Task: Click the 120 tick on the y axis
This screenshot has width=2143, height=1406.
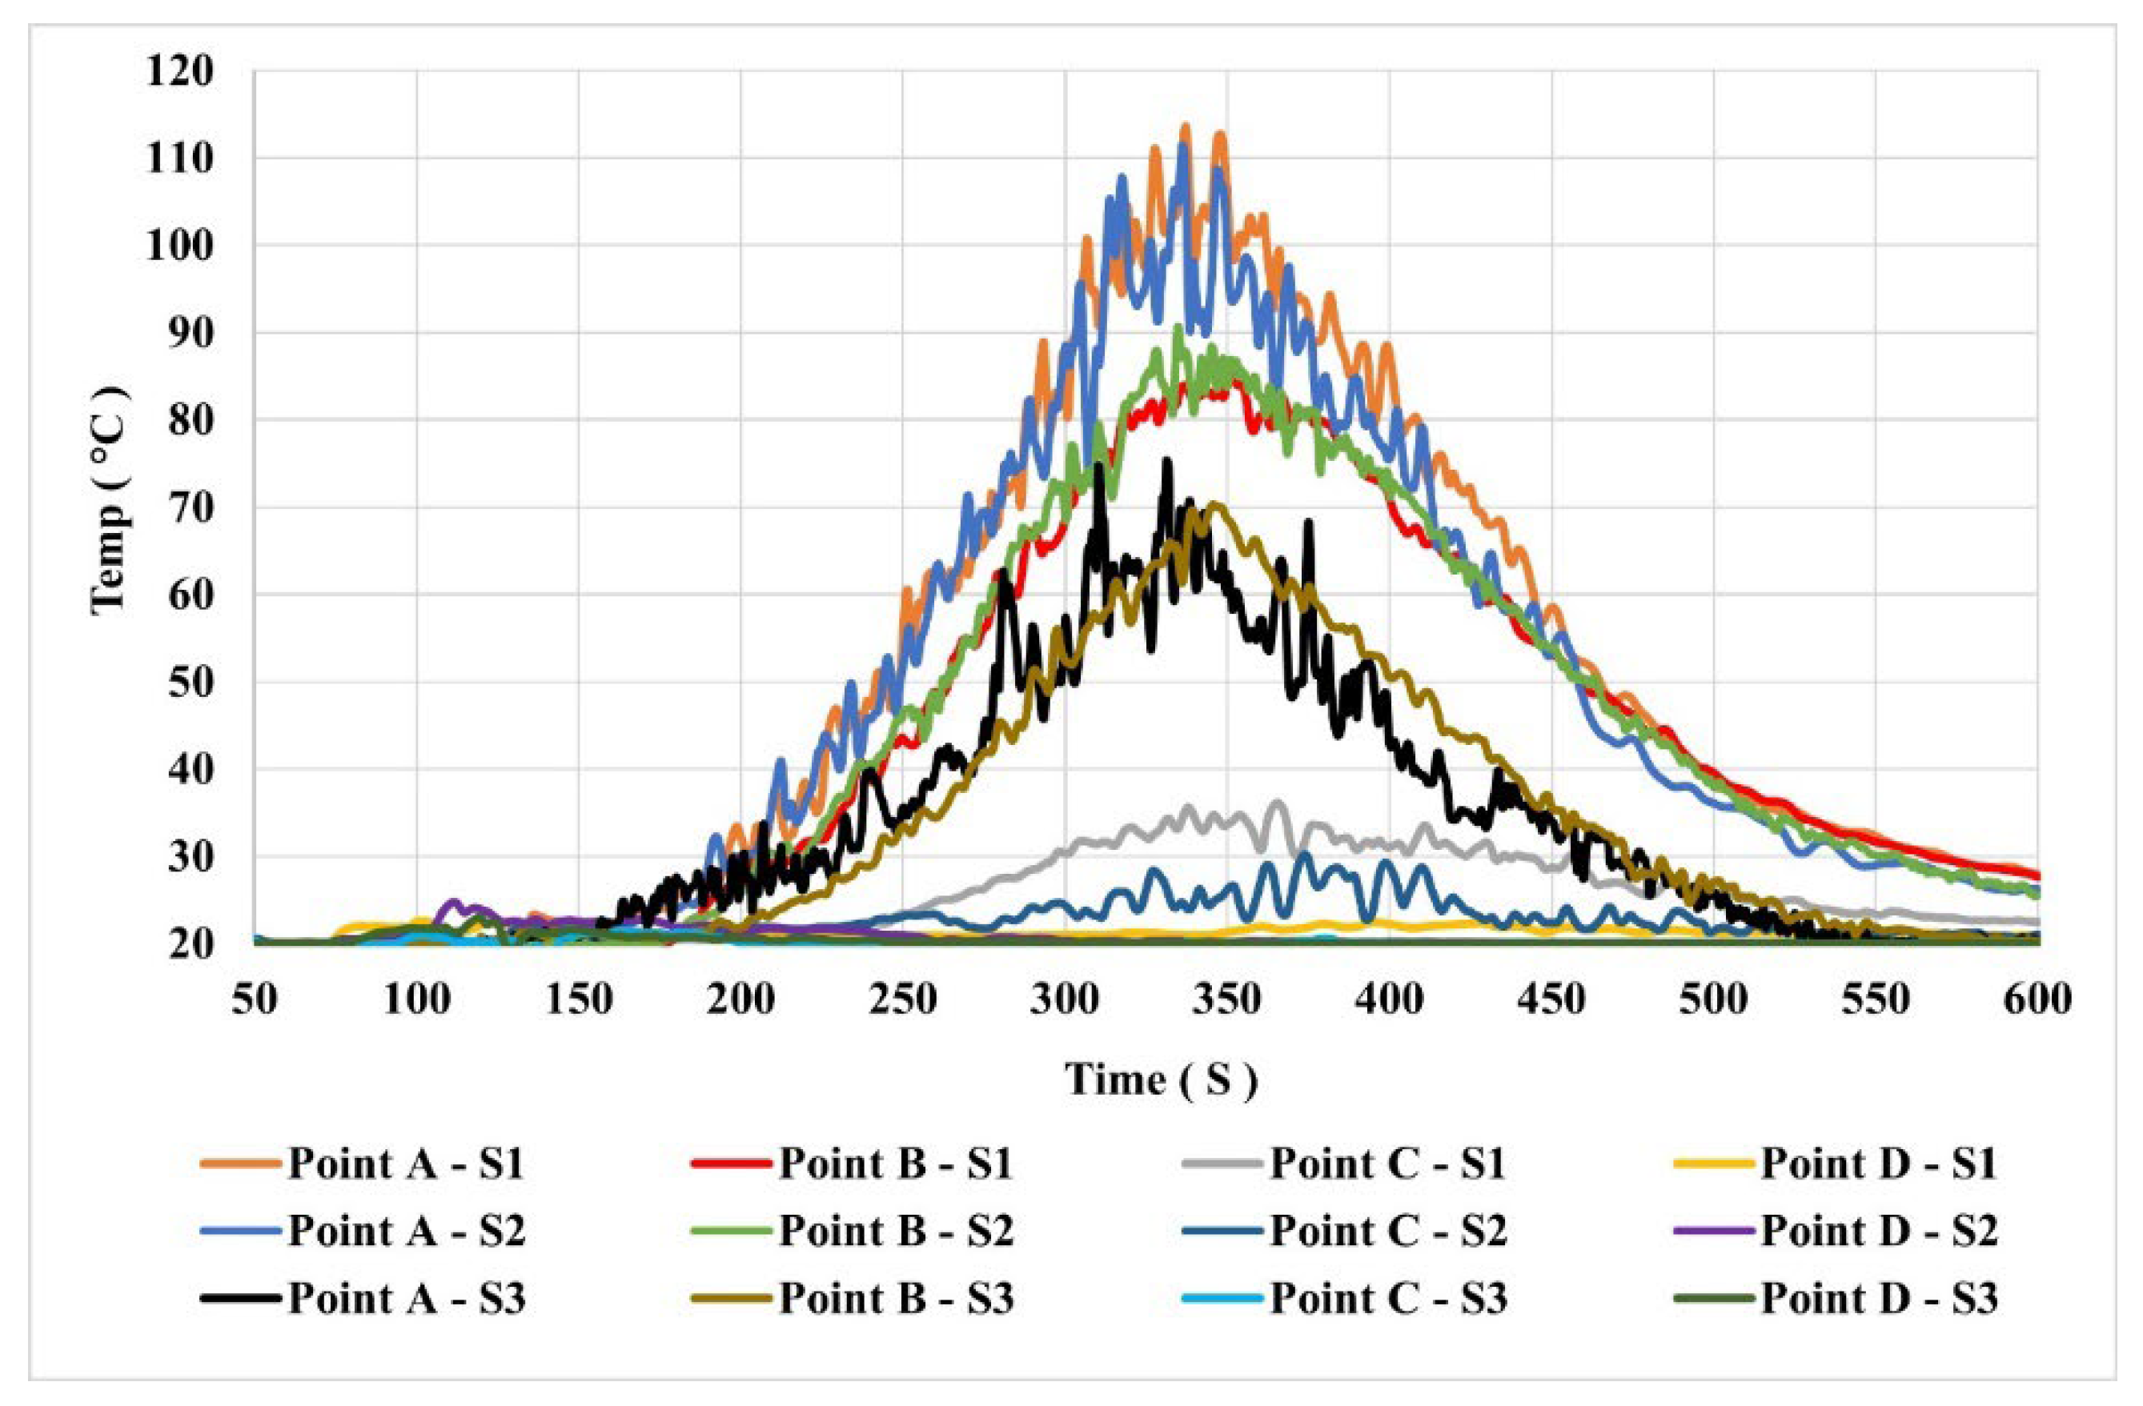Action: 180,71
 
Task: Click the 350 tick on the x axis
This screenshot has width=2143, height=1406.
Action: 1227,999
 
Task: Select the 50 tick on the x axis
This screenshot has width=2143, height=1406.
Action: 255,999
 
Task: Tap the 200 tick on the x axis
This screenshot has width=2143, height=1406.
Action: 741,999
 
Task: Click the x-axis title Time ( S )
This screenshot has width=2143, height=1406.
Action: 1162,1080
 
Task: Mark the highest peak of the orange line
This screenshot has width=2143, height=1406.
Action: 1185,127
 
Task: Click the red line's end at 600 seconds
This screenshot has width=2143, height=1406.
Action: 2037,875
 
